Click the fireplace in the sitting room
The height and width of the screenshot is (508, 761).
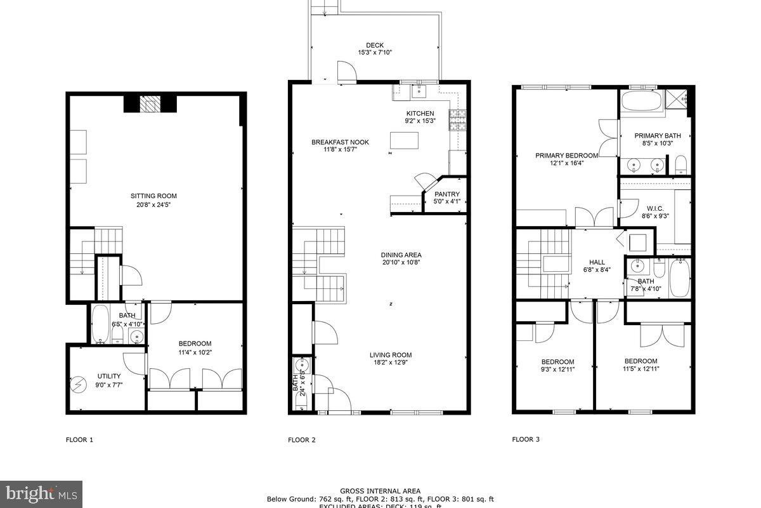(x=150, y=104)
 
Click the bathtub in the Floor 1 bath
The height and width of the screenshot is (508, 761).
(x=101, y=324)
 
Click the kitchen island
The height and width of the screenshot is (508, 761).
(x=404, y=140)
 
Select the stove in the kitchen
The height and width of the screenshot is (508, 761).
(x=457, y=119)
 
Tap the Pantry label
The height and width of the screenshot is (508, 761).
(x=446, y=194)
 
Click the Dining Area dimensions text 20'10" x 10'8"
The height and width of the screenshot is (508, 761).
(x=401, y=262)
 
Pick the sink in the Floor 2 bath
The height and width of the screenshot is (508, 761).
(x=302, y=364)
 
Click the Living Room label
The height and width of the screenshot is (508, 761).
(x=391, y=356)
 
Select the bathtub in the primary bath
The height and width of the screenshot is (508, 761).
(x=642, y=101)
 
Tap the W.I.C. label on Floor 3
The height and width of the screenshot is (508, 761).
(x=655, y=208)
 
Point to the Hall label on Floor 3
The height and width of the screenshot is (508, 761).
(x=597, y=262)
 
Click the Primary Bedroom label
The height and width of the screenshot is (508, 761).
(x=566, y=156)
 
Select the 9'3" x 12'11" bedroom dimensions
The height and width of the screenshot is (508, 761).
(x=557, y=370)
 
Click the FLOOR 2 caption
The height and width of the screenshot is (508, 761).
(x=302, y=439)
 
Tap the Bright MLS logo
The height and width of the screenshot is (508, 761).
(x=41, y=493)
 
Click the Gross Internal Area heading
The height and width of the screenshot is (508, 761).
(x=380, y=491)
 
